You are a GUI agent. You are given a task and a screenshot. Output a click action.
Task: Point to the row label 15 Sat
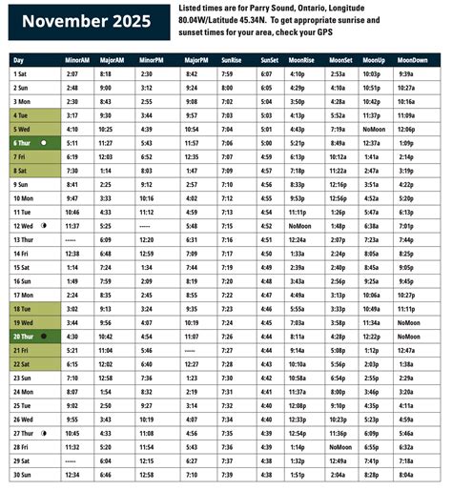pyautogui.click(x=23, y=268)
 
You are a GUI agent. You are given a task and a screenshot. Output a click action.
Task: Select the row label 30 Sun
pyautogui.click(x=23, y=474)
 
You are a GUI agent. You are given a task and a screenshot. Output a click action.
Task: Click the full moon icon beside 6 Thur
pyautogui.click(x=45, y=141)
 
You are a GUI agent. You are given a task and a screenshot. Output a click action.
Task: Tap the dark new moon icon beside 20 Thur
pyautogui.click(x=45, y=337)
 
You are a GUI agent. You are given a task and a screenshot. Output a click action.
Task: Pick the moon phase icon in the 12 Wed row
pyautogui.click(x=45, y=226)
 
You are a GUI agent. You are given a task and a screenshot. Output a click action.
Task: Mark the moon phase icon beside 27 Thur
pyautogui.click(x=46, y=433)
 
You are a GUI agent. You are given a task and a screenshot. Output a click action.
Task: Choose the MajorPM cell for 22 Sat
pyautogui.click(x=192, y=364)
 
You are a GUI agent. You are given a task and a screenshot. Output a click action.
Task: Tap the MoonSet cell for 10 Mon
pyautogui.click(x=339, y=198)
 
